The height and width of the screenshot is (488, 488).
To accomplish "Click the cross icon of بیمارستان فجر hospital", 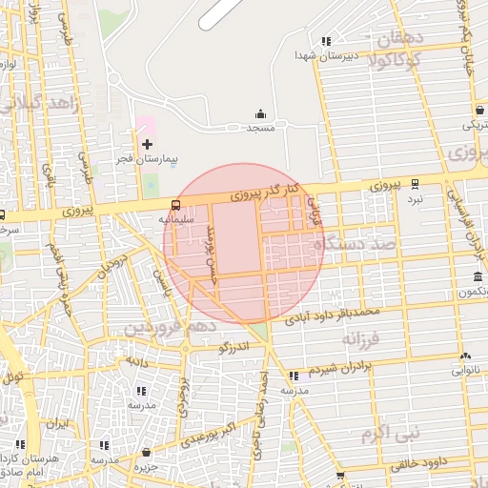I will pyautogui.click(x=147, y=144).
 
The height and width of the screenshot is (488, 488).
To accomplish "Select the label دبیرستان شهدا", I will pyautogui.click(x=355, y=55).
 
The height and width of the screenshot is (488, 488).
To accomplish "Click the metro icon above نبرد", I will pyautogui.click(x=415, y=183).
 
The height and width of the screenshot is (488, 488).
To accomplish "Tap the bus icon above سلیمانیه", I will pyautogui.click(x=175, y=204).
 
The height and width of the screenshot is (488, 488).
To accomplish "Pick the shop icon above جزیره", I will pyautogui.click(x=146, y=452).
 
